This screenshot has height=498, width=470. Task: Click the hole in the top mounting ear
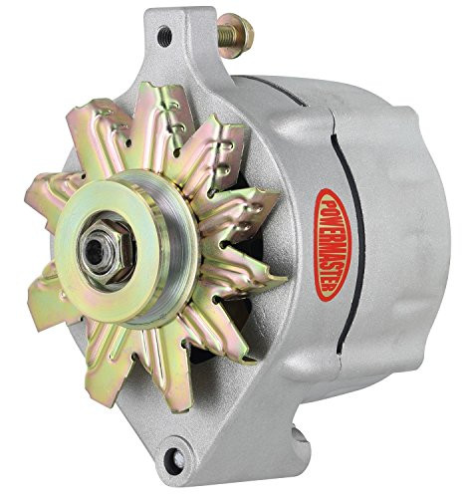tap(163, 38)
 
